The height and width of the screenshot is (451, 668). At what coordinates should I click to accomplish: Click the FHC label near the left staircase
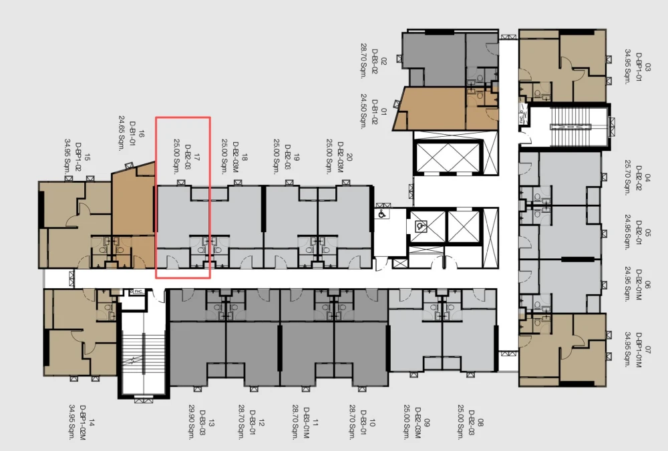point(138,292)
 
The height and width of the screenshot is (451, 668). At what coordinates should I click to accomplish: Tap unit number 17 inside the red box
point(197,157)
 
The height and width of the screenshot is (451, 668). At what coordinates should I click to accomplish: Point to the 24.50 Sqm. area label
point(364,111)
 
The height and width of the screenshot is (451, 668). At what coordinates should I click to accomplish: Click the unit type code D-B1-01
point(132,133)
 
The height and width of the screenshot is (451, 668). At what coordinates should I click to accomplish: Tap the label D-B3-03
point(202,422)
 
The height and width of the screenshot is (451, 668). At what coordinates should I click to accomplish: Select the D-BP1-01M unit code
point(638,350)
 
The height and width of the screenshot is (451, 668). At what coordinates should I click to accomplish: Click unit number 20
point(349,157)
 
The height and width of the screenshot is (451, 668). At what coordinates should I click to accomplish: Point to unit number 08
point(480,422)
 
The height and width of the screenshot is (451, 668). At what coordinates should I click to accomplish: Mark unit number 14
point(92,422)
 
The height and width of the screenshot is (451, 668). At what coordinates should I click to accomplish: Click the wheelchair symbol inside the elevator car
point(421,225)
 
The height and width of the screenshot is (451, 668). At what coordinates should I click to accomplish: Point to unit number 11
point(315,422)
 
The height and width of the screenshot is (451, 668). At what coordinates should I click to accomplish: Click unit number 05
point(648,233)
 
